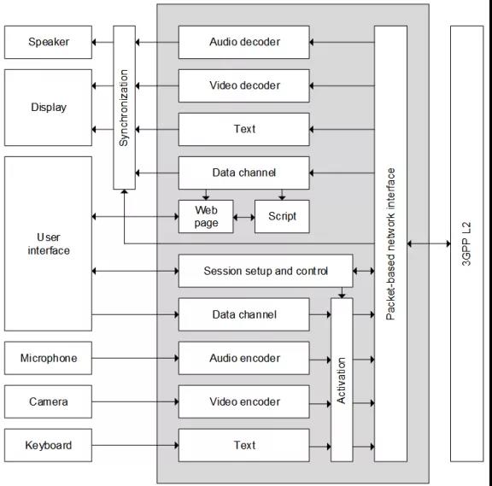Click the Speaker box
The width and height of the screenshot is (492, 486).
(48, 42)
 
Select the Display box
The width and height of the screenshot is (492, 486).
(48, 108)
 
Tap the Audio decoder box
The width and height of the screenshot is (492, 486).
(243, 42)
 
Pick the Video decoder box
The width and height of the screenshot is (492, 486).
(243, 85)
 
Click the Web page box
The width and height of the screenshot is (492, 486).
(206, 216)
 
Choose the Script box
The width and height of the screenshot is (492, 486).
(282, 216)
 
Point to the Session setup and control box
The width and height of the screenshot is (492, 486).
(266, 271)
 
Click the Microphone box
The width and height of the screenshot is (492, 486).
(48, 358)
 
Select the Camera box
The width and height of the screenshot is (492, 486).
(48, 401)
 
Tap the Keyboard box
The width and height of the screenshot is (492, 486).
(48, 445)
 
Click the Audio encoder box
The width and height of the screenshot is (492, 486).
(243, 358)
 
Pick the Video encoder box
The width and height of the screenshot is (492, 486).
(243, 401)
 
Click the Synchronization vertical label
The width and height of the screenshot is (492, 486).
(124, 108)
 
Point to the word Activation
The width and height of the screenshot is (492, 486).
(342, 381)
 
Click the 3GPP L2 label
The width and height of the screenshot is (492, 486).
(466, 243)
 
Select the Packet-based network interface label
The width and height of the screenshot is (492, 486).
(390, 243)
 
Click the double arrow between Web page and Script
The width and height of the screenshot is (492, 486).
(244, 217)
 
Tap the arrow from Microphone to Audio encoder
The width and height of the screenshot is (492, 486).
(135, 358)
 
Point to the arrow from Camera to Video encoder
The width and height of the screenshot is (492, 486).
(135, 401)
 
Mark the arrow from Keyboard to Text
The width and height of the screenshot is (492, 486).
(135, 445)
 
